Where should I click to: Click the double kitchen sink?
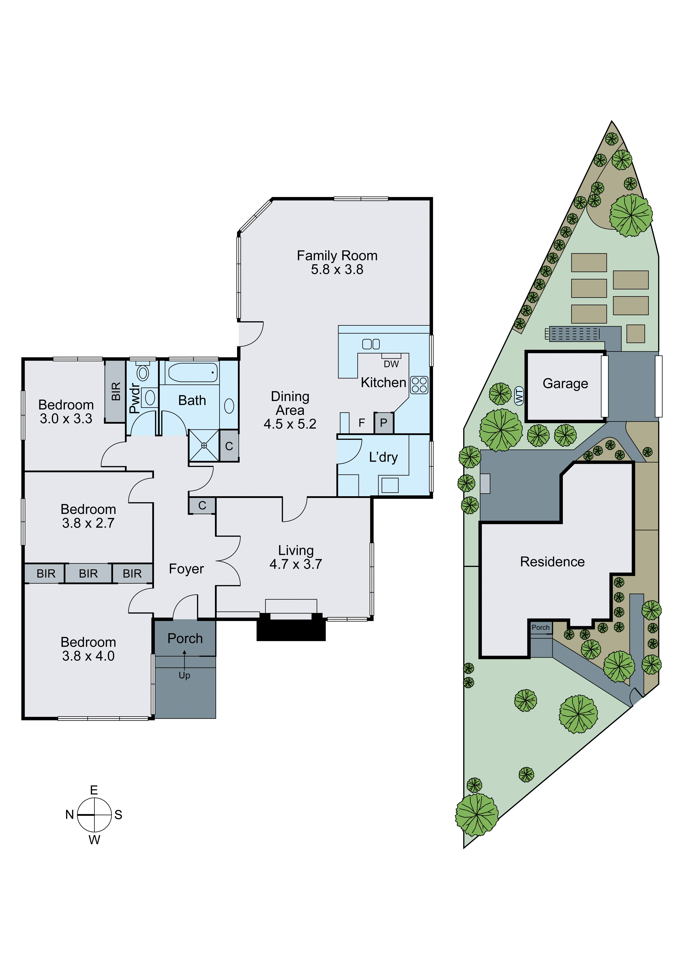tap(371, 344)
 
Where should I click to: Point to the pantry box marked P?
tap(384, 423)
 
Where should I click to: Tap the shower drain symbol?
tap(204, 445)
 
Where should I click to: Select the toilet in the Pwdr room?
tap(143, 372)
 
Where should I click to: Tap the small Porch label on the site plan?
tap(540, 627)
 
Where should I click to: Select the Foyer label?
tap(186, 569)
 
